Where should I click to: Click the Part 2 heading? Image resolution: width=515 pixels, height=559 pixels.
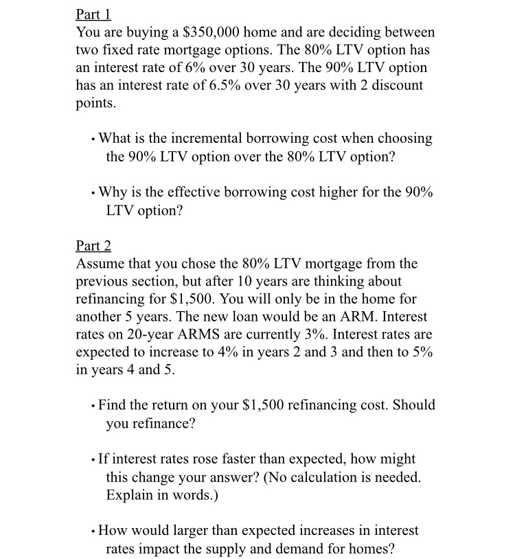point(93,246)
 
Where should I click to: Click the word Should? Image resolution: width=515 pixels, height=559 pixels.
point(410,405)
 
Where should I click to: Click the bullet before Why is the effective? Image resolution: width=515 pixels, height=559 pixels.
point(93,193)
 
